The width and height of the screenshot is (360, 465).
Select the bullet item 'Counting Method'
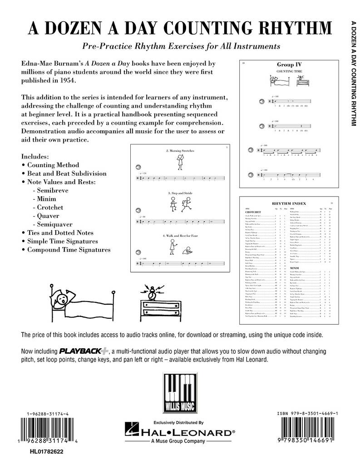53,165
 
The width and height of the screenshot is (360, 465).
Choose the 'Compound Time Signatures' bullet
69,249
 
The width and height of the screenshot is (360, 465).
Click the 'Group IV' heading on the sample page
290,65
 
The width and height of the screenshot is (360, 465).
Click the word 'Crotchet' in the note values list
50,207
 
